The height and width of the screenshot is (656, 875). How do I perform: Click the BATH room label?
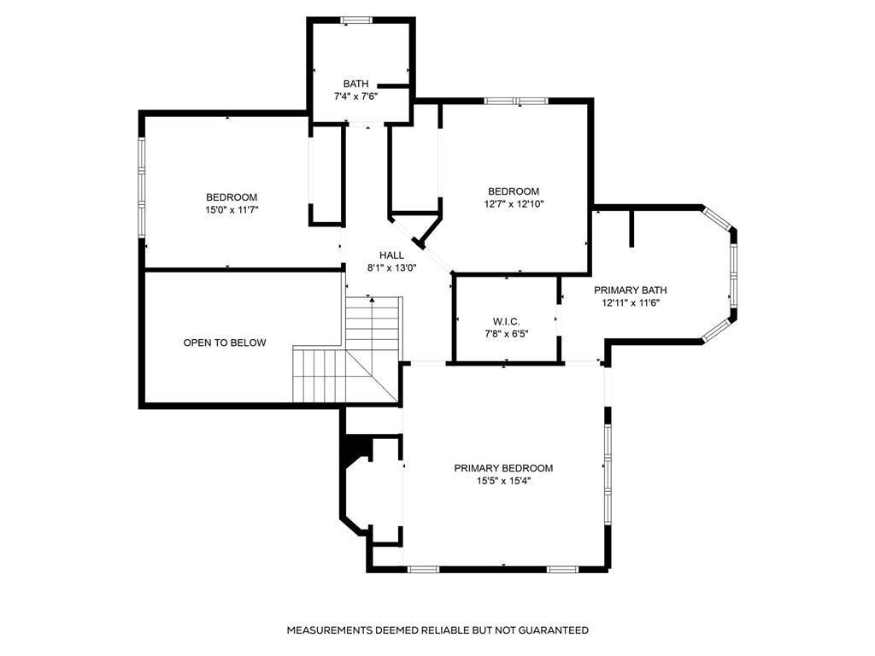pyautogui.click(x=355, y=84)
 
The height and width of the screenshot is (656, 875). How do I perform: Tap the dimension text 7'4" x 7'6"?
pyautogui.click(x=355, y=97)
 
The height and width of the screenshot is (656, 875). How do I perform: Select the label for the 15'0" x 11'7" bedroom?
pyautogui.click(x=231, y=197)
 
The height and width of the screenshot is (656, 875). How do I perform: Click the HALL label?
pyautogui.click(x=391, y=255)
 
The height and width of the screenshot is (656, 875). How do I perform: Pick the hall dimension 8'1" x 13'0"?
pyautogui.click(x=391, y=267)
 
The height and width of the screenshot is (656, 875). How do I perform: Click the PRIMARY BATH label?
pyautogui.click(x=631, y=290)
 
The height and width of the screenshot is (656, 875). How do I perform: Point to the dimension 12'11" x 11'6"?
pyautogui.click(x=631, y=302)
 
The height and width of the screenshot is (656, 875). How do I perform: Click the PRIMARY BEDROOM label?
pyautogui.click(x=503, y=468)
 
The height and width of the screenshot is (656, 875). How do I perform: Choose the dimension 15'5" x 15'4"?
pyautogui.click(x=503, y=481)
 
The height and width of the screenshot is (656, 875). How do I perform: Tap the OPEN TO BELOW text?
pyautogui.click(x=225, y=343)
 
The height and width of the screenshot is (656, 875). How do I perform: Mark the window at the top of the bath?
pyautogui.click(x=355, y=20)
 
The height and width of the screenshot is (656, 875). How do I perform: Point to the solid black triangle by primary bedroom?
pyautogui.click(x=350, y=451)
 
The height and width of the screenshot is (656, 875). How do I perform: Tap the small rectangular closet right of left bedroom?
pyautogui.click(x=326, y=175)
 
